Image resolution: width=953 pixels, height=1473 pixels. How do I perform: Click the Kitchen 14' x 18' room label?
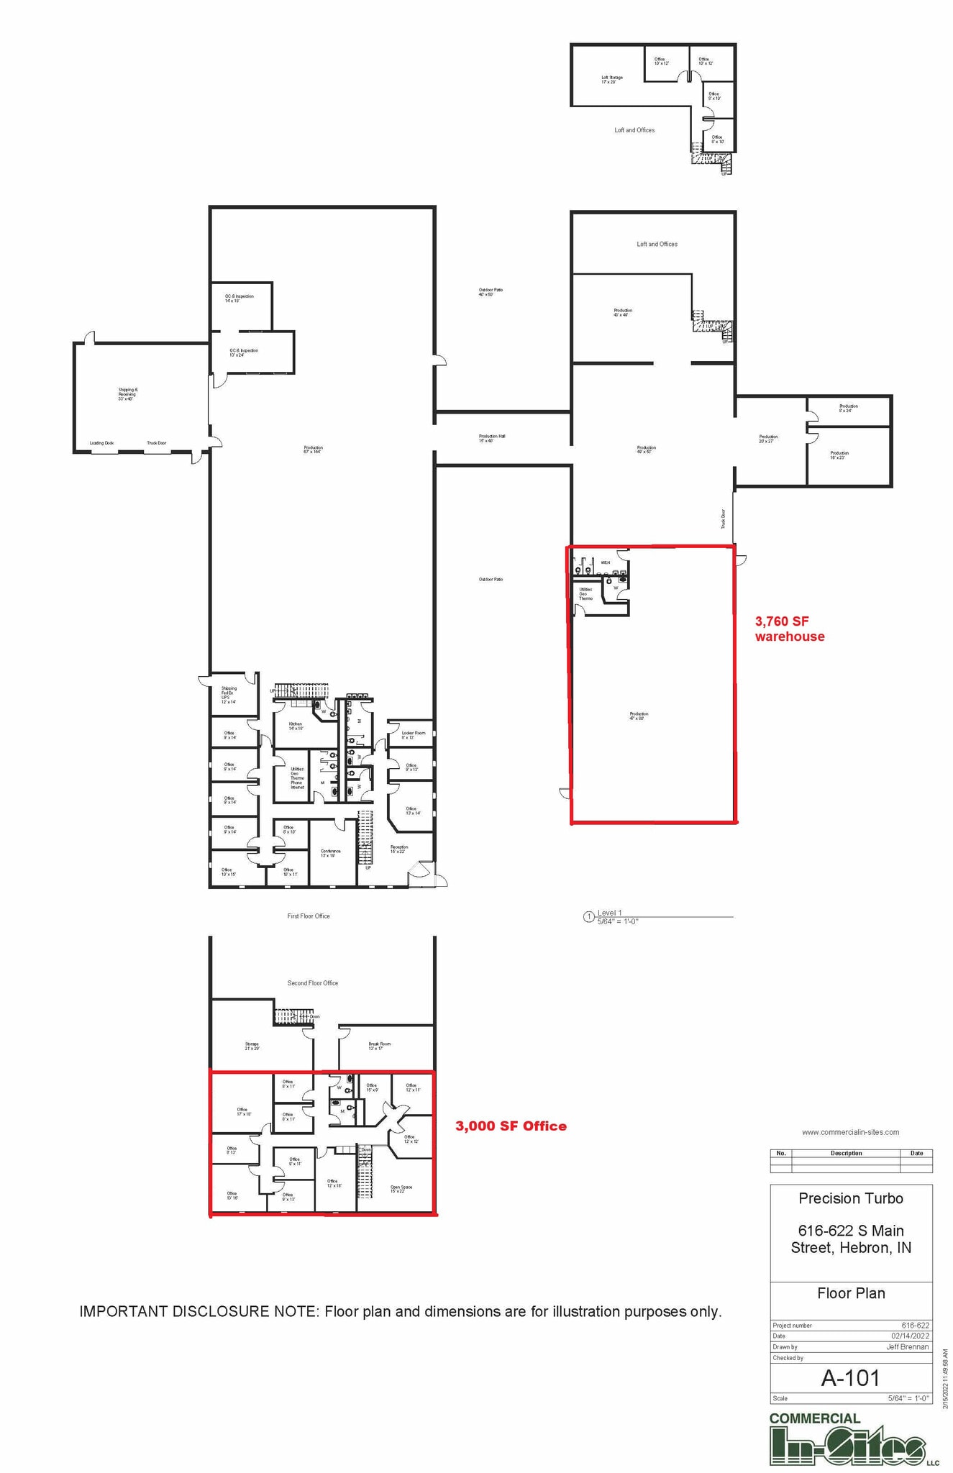(296, 726)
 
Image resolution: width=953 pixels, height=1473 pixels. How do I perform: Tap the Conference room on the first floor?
(330, 853)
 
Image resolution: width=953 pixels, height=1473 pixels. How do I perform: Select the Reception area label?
(398, 849)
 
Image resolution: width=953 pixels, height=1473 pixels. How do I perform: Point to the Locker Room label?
(413, 734)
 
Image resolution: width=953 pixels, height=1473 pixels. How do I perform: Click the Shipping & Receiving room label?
(127, 393)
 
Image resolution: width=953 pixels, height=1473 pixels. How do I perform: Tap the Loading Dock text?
(101, 443)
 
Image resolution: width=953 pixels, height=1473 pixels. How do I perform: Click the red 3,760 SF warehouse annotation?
(789, 629)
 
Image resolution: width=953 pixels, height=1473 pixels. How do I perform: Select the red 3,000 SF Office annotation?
(511, 1126)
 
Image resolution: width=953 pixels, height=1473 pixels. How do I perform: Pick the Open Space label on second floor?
(401, 1189)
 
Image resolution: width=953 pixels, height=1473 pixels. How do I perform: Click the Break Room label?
(379, 1046)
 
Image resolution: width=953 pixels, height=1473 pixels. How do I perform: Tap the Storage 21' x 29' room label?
(251, 1046)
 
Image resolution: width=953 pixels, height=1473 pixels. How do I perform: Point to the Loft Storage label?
(611, 79)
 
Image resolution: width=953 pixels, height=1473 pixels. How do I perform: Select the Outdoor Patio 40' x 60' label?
(491, 292)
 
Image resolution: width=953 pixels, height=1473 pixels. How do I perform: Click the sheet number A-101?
(850, 1378)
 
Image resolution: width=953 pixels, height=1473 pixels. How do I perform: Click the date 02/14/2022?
(910, 1336)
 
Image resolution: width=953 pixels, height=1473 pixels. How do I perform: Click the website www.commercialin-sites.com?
(850, 1132)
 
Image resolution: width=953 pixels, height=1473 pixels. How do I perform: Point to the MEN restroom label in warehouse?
(605, 562)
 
